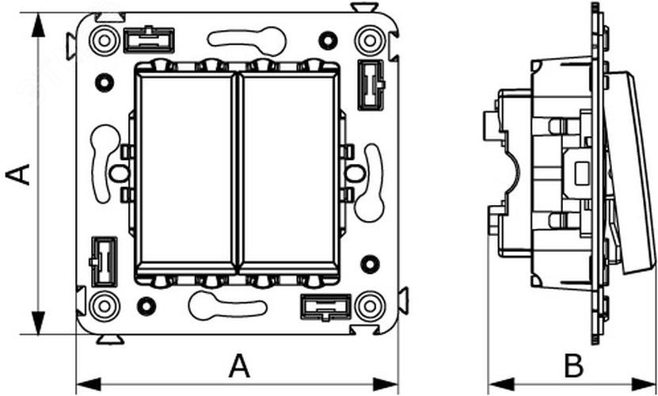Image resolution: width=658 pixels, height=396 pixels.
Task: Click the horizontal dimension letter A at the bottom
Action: coord(239,366)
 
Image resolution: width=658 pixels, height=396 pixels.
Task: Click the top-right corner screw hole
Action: coord(367,39)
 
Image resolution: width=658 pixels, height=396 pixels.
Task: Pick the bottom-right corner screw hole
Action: coord(367,304)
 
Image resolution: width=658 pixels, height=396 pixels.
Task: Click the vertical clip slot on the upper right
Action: coord(369,83)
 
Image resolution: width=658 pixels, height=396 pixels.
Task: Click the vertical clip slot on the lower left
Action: coord(101,261)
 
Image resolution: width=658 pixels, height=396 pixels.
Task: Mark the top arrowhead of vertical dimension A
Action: coord(35,21)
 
